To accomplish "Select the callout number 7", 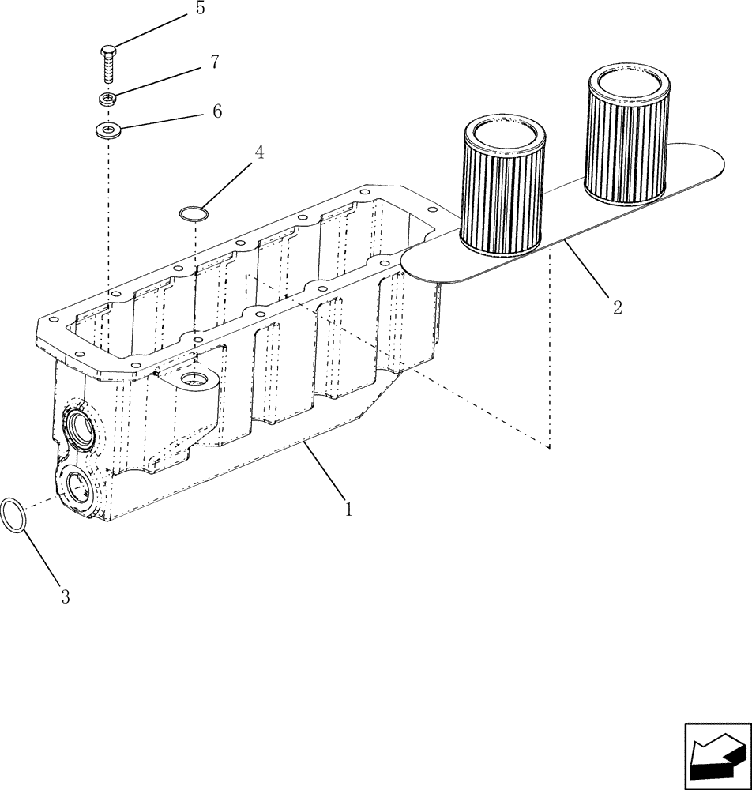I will point(214,62).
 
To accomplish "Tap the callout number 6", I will point(216,112).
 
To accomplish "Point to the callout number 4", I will point(258,152).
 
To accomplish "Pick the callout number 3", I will point(66,597).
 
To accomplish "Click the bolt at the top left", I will point(109,63).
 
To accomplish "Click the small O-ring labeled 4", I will point(194,213).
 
